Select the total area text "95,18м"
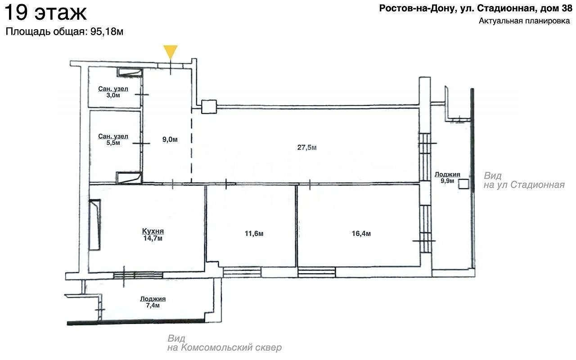[x=107, y=31]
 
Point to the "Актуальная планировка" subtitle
[x=524, y=21]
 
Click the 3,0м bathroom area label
[x=113, y=95]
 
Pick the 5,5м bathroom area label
[x=113, y=143]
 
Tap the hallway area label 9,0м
[x=170, y=139]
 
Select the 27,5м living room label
[x=307, y=147]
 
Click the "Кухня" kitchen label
[x=153, y=231]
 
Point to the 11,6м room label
[x=254, y=234]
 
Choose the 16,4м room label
[x=361, y=234]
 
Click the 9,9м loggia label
[x=447, y=181]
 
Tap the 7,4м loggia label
[x=153, y=305]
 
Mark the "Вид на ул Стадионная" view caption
[x=524, y=180]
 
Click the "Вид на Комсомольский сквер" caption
[x=225, y=343]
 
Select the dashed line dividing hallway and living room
[x=191, y=146]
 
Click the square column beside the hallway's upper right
[x=209, y=107]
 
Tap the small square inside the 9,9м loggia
[x=463, y=184]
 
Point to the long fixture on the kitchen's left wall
[x=94, y=225]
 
